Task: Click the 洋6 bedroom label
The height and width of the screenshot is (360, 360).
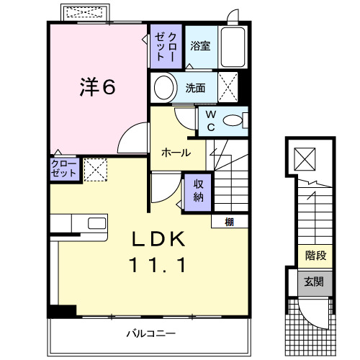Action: (x=97, y=86)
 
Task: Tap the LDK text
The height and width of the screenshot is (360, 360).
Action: (x=158, y=239)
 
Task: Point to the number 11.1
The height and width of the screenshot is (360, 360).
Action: (x=157, y=264)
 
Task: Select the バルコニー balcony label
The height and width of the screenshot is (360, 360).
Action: (x=151, y=333)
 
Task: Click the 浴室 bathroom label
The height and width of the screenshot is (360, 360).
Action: (x=200, y=45)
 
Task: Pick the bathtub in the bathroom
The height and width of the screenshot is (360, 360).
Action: (x=233, y=47)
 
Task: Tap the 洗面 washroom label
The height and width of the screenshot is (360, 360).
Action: (x=195, y=88)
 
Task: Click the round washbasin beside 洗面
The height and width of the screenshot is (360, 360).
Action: (x=164, y=87)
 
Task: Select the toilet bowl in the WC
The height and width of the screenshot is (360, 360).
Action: (x=233, y=120)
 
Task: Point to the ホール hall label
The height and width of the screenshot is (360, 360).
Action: (x=176, y=153)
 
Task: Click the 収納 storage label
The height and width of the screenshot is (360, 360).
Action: (x=198, y=191)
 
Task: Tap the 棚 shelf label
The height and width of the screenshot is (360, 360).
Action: (x=229, y=222)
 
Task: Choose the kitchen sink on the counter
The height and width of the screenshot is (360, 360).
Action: (x=97, y=223)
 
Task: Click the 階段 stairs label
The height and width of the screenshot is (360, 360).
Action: (x=315, y=256)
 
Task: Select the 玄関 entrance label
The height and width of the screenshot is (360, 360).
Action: (x=314, y=282)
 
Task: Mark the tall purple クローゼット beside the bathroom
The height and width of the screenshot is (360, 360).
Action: (x=166, y=47)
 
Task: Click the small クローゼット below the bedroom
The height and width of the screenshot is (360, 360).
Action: (x=65, y=168)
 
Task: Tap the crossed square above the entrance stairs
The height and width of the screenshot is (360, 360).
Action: (x=305, y=159)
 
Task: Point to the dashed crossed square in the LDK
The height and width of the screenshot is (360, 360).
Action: (x=95, y=170)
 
